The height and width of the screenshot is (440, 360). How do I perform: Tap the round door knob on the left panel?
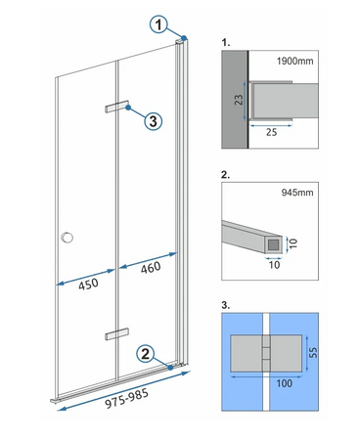(67, 237)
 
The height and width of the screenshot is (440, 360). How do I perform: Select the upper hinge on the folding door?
(118, 107)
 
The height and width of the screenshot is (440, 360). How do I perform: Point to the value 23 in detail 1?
(238, 99)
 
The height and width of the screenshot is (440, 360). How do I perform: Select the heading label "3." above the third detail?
(226, 304)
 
